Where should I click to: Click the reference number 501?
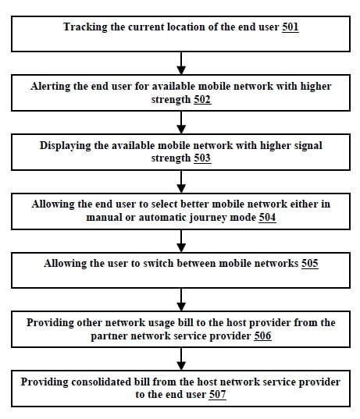pos(290,27)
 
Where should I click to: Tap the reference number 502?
pos(202,99)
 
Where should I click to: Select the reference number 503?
pos(202,158)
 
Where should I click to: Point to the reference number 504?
pos(267,217)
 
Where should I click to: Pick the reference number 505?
pos(310,264)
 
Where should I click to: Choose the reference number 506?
pos(262,336)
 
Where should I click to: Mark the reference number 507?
pos(217,394)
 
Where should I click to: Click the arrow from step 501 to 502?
pos(181,63)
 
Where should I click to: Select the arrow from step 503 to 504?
pos(181,182)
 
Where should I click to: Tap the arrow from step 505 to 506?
pos(181,300)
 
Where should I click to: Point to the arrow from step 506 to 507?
pos(181,359)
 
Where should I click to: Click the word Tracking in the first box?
pos(85,27)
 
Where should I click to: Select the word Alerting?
pos(50,87)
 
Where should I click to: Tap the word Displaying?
pos(66,146)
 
